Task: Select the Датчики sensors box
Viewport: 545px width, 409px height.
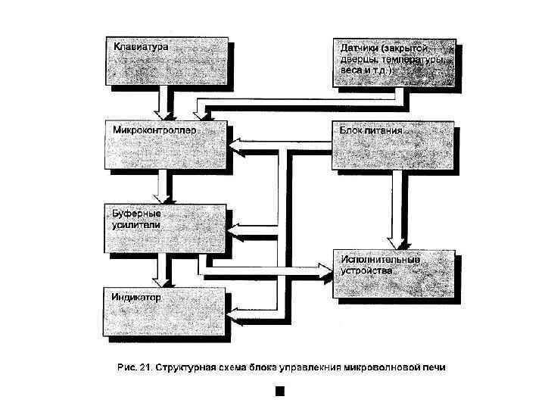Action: coord(394,62)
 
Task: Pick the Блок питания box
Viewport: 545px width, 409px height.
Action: coord(394,145)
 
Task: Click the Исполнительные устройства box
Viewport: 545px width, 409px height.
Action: coord(394,273)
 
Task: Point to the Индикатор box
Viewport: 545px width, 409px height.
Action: coord(164,311)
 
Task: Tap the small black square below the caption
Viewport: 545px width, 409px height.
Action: coord(279,391)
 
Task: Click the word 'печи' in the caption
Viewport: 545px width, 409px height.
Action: coord(435,369)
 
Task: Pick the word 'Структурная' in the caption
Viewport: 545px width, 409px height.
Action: coord(186,369)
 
